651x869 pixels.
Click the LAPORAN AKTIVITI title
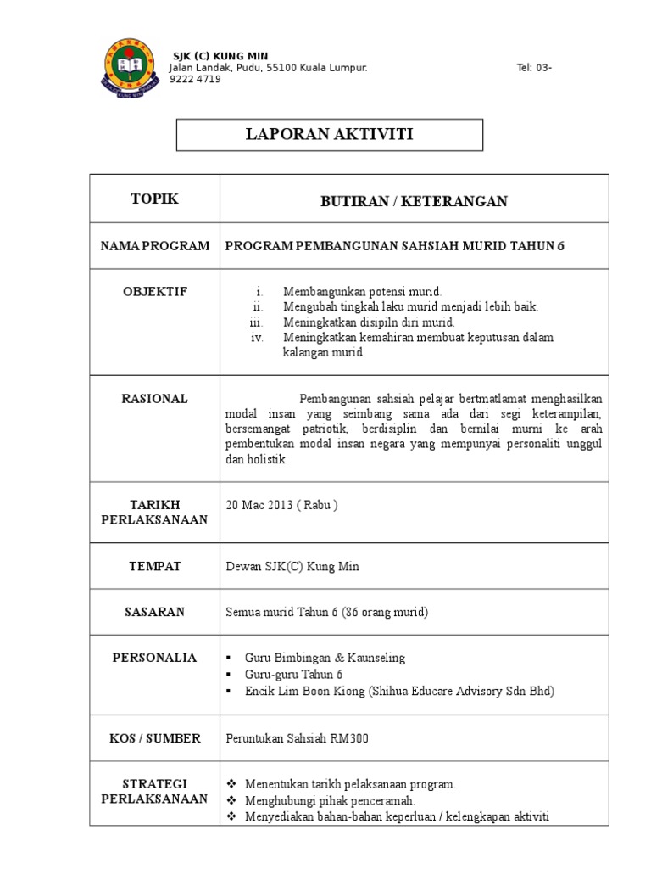pos(330,134)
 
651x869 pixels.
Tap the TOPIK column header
pos(154,199)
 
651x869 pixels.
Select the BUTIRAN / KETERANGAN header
pos(414,201)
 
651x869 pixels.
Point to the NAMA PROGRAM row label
pos(154,246)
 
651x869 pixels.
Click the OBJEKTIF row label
pos(154,292)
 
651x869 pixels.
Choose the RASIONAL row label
pos(154,399)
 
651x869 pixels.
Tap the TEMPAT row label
pos(154,566)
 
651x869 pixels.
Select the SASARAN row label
pos(154,612)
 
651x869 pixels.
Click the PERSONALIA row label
pos(154,657)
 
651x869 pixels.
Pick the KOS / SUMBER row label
pos(154,738)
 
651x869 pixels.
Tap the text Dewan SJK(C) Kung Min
pos(292,567)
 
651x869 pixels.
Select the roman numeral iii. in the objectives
pos(257,322)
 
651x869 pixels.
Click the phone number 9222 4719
pos(195,79)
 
